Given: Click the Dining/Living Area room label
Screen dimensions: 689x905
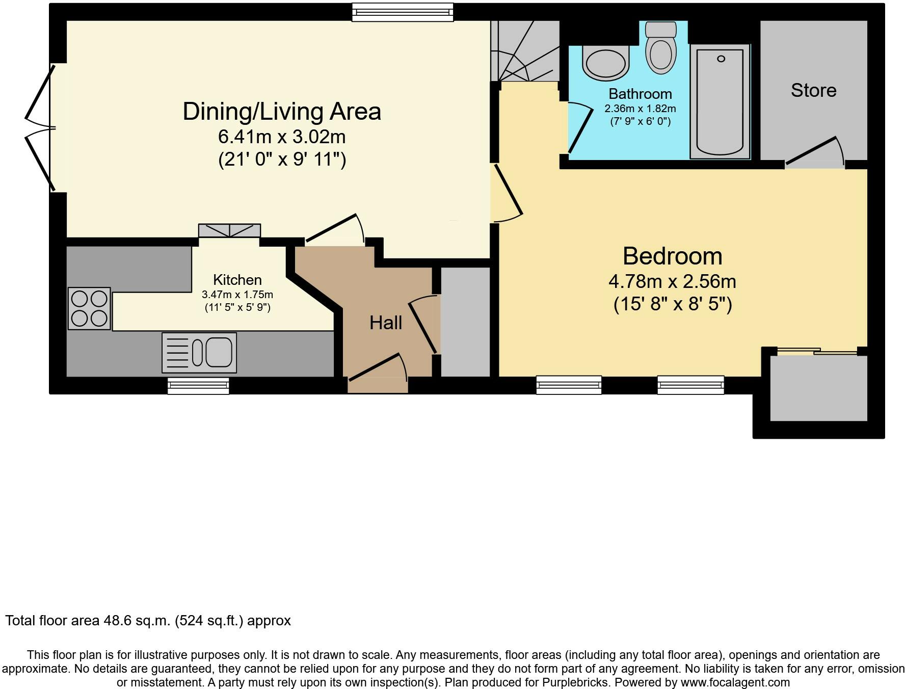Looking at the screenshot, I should [x=282, y=112].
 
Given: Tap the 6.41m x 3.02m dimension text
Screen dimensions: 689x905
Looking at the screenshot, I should [x=282, y=137].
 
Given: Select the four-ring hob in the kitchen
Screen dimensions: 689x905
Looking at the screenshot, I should [x=89, y=308].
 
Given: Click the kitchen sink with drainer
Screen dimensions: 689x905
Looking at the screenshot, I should [x=199, y=352].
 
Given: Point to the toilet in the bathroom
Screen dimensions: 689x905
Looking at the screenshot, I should [x=660, y=49].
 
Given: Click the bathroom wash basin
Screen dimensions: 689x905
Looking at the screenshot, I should [x=605, y=63].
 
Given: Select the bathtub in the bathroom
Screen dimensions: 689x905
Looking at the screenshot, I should [x=720, y=100].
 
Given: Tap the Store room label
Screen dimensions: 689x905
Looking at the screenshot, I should [x=813, y=91].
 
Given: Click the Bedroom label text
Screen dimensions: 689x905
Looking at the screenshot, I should [x=672, y=256].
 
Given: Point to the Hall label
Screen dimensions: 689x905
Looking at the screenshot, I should [x=386, y=323].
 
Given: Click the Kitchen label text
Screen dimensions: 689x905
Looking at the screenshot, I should [x=237, y=280].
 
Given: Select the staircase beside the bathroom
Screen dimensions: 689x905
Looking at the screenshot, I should [x=525, y=51].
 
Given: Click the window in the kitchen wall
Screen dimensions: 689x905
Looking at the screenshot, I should [x=198, y=386].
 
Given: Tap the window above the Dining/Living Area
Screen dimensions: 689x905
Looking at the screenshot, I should [x=403, y=12].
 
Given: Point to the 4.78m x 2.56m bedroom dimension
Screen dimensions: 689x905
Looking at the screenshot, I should [x=672, y=281].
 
